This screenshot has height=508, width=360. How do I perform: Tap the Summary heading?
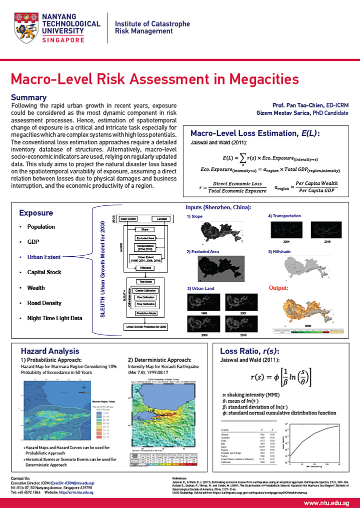click(x=28, y=97)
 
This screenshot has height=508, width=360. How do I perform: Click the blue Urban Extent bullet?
click(x=44, y=257)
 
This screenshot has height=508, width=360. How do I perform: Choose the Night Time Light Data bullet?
click(x=55, y=318)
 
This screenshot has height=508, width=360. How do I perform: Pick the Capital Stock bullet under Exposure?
click(x=44, y=272)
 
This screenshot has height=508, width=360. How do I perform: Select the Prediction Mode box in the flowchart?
click(x=145, y=313)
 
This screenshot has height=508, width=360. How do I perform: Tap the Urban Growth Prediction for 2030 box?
click(x=145, y=327)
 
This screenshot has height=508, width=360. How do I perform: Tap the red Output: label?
click(x=279, y=288)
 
